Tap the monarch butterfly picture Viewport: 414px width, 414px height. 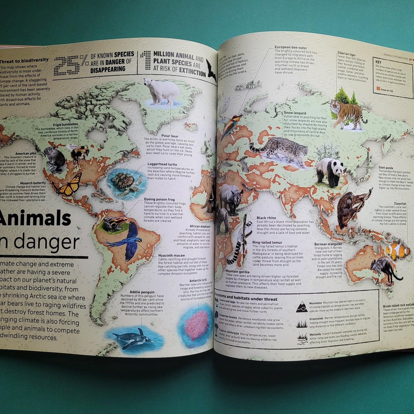pyautogui.click(x=68, y=185)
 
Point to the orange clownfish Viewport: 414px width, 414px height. pyautogui.click(x=397, y=250)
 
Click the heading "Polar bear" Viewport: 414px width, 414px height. pyautogui.click(x=170, y=136)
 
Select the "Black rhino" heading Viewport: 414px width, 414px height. pyautogui.click(x=266, y=218)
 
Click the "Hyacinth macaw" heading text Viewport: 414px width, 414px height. pyautogui.click(x=171, y=255)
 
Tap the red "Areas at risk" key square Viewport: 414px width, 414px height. pyautogui.click(x=376, y=90)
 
